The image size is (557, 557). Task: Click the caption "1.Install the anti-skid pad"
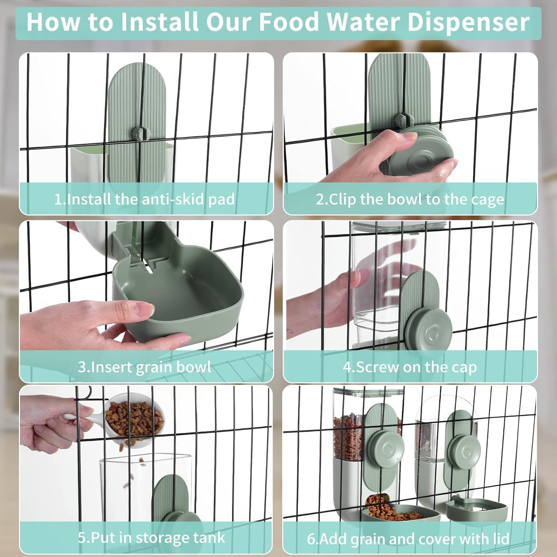[x=144, y=199]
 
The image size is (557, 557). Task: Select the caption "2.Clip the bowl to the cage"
[x=410, y=199]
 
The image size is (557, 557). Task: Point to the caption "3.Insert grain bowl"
[x=144, y=367]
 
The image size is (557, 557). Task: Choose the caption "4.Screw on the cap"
[x=410, y=367]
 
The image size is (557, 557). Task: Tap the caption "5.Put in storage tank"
[x=151, y=537]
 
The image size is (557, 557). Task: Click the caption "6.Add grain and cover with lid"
[x=408, y=538]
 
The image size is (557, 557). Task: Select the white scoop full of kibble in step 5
[x=133, y=420]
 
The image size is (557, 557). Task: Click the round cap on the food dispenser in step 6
[x=385, y=449]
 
